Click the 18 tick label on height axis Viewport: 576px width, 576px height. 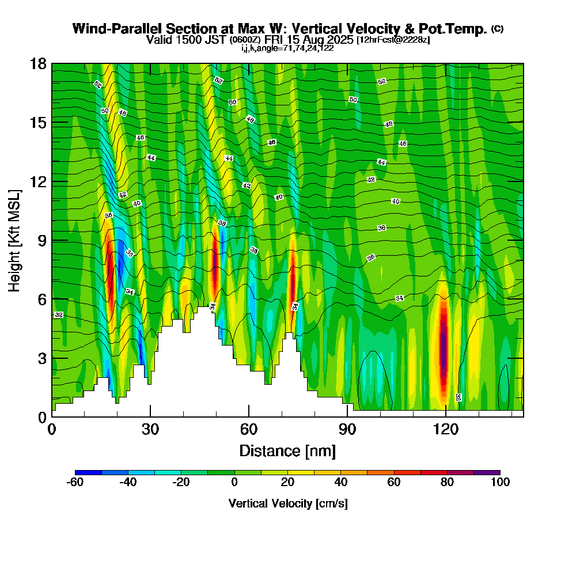[x=39, y=63]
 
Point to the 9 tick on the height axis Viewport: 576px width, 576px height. [x=52, y=240]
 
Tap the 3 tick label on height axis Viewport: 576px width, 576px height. [x=42, y=358]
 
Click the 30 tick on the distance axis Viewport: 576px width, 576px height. [x=150, y=416]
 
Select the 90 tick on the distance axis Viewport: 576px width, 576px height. [x=347, y=416]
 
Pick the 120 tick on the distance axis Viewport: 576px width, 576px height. [x=446, y=416]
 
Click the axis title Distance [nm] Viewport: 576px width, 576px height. [x=287, y=450]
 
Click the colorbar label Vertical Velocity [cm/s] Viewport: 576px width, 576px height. [x=287, y=503]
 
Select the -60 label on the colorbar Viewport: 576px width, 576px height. [x=75, y=483]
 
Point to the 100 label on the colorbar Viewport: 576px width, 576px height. [x=499, y=483]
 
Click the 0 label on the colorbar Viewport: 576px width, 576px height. [x=234, y=483]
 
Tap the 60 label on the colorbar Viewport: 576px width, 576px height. [x=393, y=483]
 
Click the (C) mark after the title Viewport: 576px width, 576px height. [x=497, y=29]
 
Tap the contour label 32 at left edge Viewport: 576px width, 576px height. [x=58, y=315]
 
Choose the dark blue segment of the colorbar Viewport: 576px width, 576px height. [x=89, y=472]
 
